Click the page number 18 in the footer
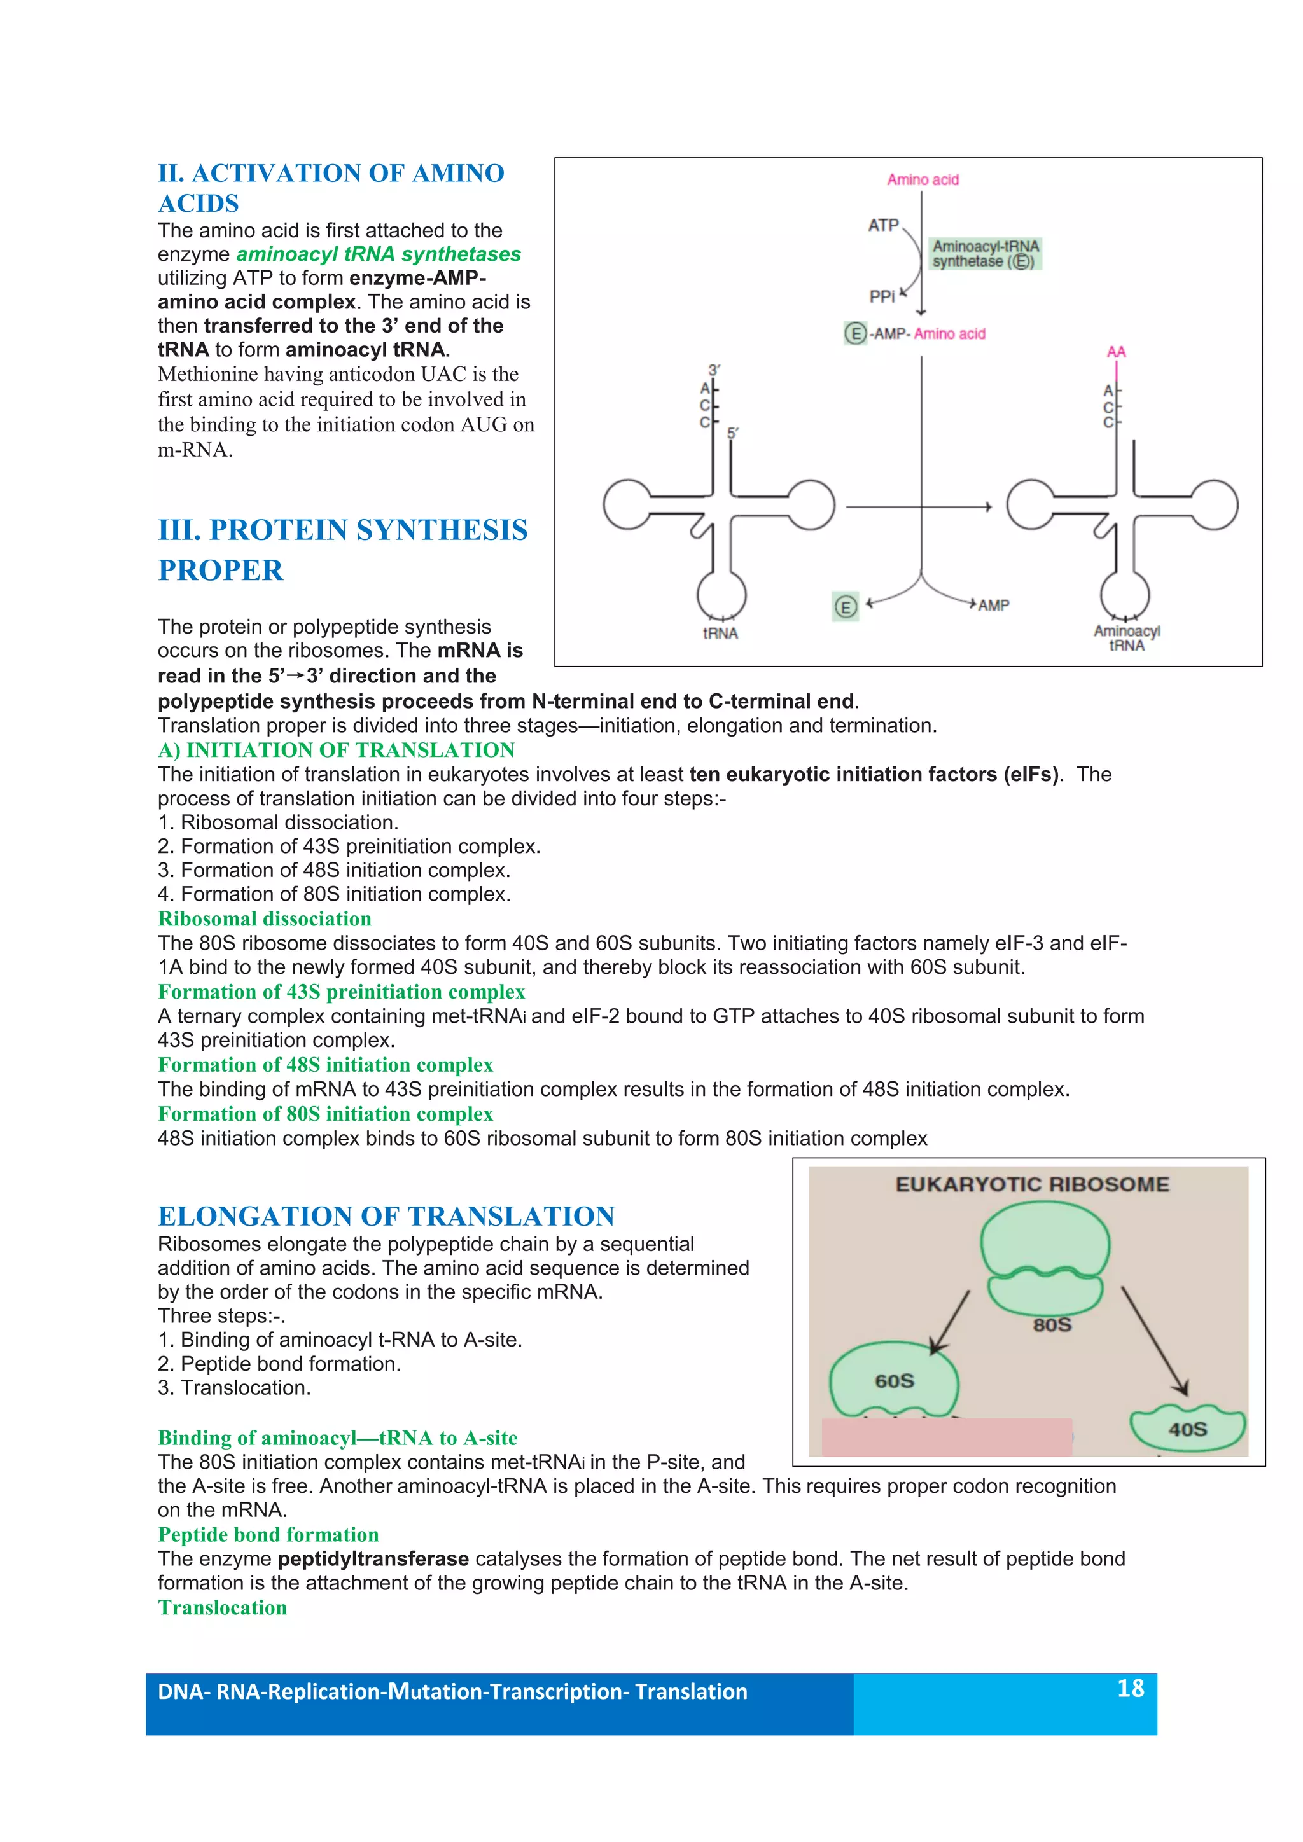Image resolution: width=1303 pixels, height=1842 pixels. tap(1130, 1688)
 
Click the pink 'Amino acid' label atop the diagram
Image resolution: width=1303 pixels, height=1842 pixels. tap(922, 180)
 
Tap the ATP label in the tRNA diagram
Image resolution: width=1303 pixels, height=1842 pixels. tap(882, 225)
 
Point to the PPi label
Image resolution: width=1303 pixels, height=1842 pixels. tap(881, 297)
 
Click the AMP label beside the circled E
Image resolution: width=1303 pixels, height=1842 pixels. tap(993, 605)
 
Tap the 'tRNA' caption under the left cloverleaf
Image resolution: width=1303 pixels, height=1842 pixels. tap(720, 633)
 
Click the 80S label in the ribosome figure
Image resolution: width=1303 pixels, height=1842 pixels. tap(1051, 1324)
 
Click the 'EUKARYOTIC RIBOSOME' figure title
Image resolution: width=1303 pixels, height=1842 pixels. tap(1032, 1184)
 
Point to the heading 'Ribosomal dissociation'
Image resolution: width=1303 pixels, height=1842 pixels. tap(264, 918)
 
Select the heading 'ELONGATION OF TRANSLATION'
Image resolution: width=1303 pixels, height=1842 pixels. tap(386, 1216)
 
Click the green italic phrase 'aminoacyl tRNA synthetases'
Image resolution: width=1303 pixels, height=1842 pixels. tap(378, 254)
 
